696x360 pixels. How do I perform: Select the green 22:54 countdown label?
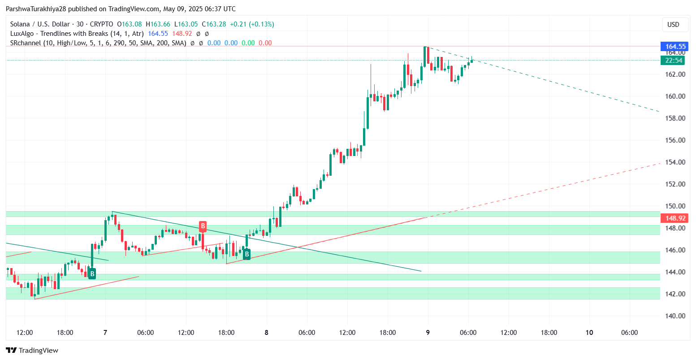click(674, 61)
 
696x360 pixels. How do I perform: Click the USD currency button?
click(673, 25)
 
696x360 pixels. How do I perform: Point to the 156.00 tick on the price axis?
click(675, 140)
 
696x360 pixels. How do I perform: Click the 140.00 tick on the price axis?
click(675, 316)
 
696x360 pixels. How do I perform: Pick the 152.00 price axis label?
click(675, 184)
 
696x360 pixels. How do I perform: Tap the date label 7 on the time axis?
click(105, 333)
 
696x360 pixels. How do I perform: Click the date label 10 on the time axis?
click(589, 333)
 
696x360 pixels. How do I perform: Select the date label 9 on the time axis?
click(428, 333)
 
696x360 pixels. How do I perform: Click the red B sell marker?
click(203, 226)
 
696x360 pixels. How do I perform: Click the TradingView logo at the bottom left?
click(32, 350)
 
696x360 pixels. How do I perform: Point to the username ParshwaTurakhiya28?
click(38, 9)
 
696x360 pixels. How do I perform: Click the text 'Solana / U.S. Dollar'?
click(39, 24)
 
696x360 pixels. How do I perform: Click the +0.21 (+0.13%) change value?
click(251, 24)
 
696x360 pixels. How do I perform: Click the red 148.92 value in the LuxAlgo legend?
click(182, 34)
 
